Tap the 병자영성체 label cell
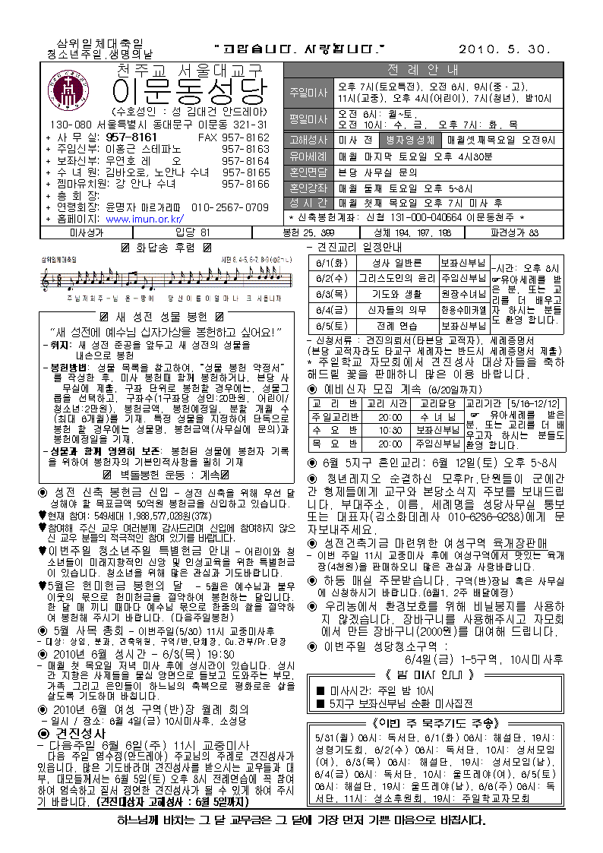point(410,140)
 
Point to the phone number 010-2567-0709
point(230,207)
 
